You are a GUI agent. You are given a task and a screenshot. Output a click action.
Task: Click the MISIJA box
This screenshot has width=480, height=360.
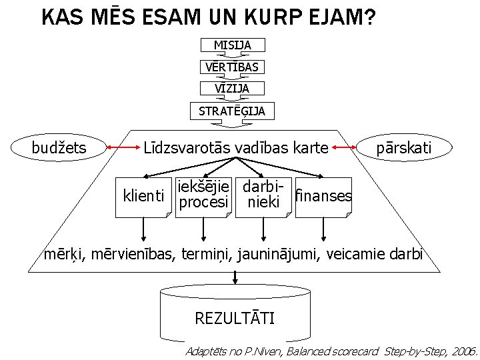[233, 45]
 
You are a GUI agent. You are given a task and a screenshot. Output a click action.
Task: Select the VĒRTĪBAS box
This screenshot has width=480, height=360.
[233, 67]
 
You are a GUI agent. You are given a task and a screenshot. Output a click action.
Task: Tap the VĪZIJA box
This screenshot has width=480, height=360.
[233, 88]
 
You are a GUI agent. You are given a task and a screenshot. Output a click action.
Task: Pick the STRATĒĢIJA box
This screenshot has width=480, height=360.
[232, 111]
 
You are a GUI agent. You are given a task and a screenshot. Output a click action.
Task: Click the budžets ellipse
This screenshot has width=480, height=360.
[59, 147]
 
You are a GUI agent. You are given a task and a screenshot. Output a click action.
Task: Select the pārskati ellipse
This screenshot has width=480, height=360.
[404, 147]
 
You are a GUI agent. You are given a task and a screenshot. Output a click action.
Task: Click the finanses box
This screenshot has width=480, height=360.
[323, 197]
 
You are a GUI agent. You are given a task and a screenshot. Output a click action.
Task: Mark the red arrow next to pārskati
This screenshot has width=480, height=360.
[345, 147]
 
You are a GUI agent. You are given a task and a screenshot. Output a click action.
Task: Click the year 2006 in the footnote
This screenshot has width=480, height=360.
[462, 351]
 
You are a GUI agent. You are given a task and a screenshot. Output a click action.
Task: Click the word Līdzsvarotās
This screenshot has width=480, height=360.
[183, 147]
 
